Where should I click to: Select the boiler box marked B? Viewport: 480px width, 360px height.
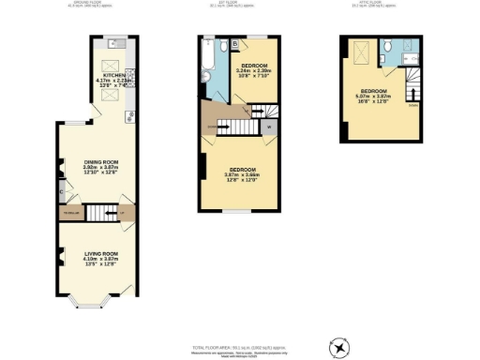[x=233, y=44]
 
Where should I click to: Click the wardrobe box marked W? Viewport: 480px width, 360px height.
[x=268, y=127]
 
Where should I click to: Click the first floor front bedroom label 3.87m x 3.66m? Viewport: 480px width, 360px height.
[x=243, y=173]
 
